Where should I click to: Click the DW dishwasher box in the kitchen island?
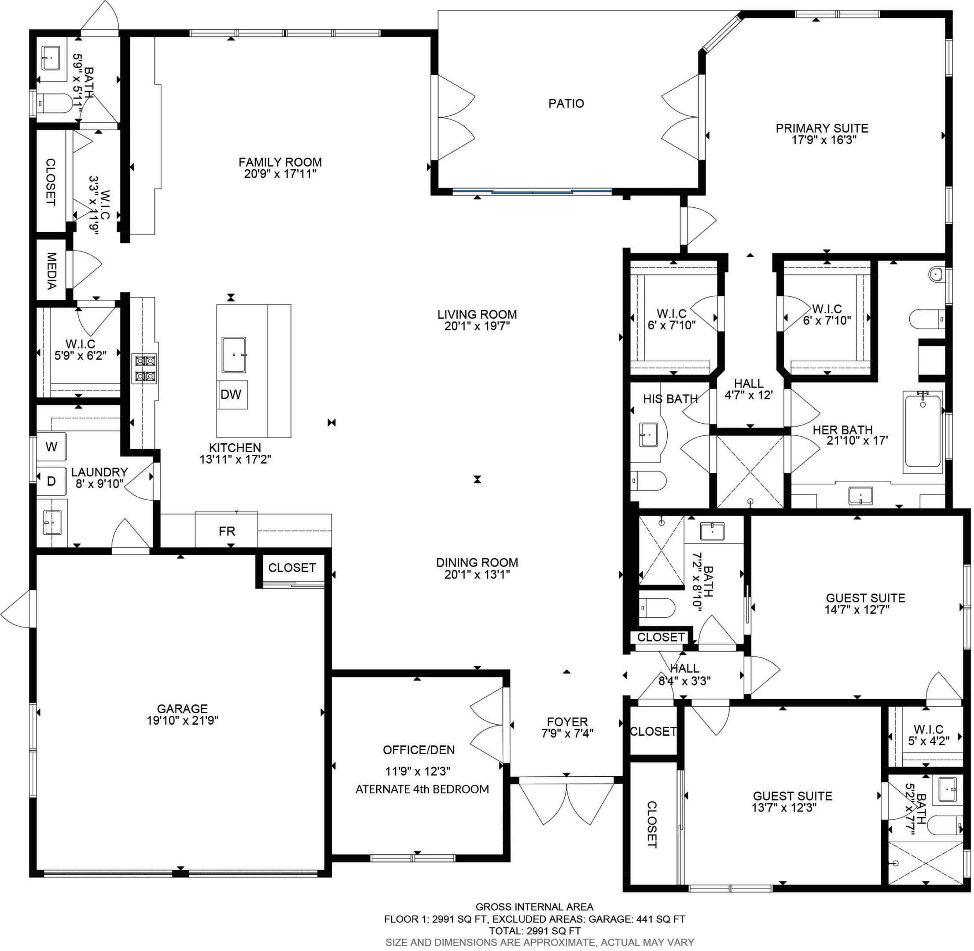coord(232,394)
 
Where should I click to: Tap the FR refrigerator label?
coord(227,531)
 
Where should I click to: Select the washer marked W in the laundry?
coord(51,447)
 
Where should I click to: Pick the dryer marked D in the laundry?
coord(51,481)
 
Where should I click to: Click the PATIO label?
coord(566,103)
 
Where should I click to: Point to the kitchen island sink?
coord(234,354)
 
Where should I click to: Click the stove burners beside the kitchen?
coord(144,368)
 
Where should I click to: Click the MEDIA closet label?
coord(51,271)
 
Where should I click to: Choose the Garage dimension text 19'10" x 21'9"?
coord(182,720)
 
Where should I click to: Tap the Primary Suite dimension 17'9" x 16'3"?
coord(824,140)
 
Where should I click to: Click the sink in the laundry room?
coord(52,522)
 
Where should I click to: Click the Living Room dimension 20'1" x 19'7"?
coord(477,326)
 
